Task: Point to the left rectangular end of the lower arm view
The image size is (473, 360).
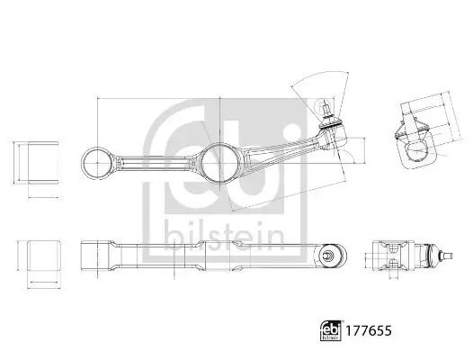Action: pyautogui.click(x=92, y=256)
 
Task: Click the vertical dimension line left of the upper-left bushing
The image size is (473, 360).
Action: pyautogui.click(x=8, y=161)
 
